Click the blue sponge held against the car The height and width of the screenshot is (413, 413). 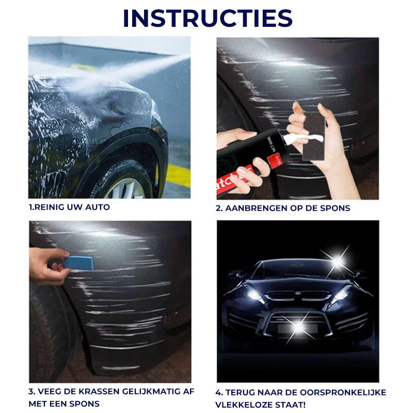(78, 263)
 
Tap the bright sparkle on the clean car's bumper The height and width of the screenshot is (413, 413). (298, 327)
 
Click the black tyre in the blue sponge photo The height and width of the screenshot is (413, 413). (49, 330)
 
